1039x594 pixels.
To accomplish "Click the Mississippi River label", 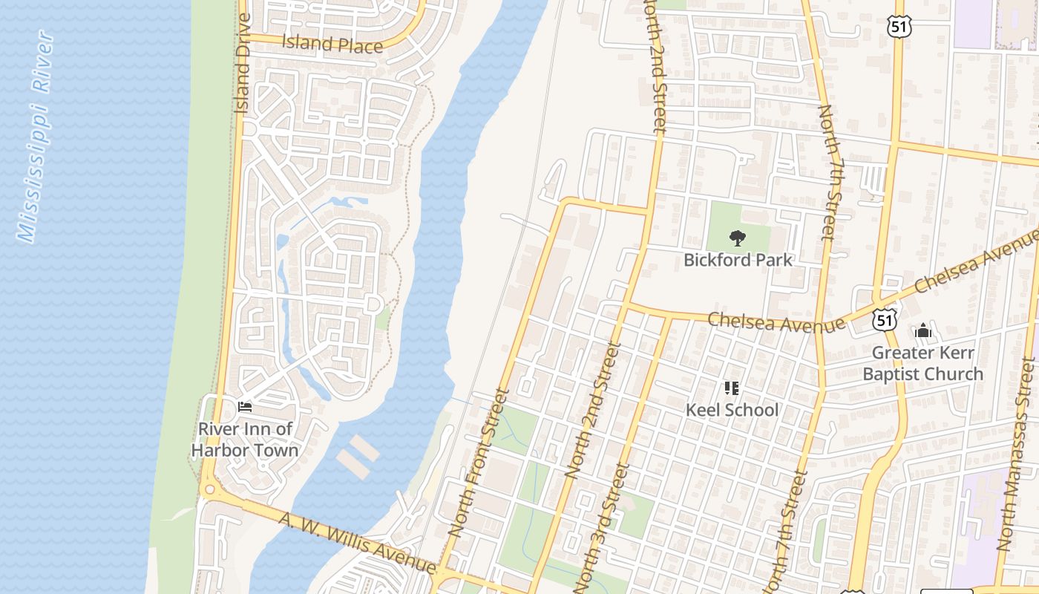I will tap(36, 137).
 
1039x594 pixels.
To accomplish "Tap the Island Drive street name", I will tap(243, 63).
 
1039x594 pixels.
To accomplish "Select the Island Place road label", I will tap(332, 43).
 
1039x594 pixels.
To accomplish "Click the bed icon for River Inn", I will tap(245, 406).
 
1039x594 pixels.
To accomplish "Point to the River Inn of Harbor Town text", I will tap(245, 440).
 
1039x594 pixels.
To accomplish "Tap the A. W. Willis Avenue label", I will tap(356, 541).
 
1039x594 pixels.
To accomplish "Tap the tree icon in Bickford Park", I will tap(737, 238).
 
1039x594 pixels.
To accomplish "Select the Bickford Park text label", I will tap(738, 260).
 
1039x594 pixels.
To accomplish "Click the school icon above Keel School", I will tap(732, 388).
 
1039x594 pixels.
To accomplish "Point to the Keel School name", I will tap(732, 410).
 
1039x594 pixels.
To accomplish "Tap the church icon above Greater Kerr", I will tap(923, 330).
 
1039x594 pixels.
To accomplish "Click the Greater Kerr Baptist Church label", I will tap(923, 363).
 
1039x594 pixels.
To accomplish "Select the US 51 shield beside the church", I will tap(883, 320).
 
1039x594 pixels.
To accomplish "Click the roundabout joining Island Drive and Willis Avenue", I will tap(209, 489).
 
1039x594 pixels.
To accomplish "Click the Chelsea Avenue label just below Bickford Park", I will tap(776, 322).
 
